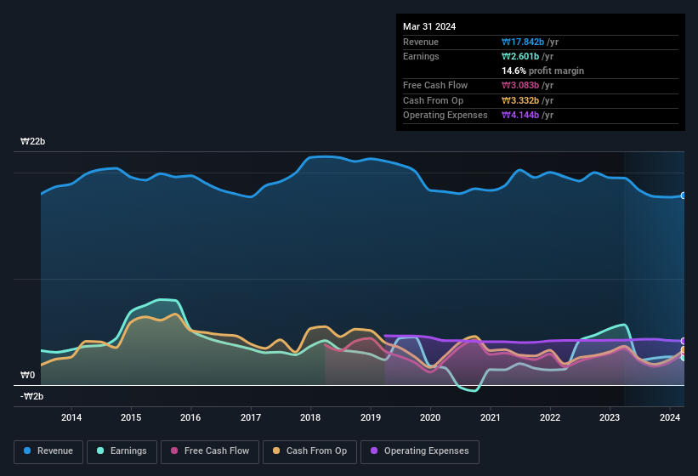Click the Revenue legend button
[49, 451]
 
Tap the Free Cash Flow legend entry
[210, 451]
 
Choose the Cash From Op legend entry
[310, 451]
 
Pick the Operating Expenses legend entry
[420, 451]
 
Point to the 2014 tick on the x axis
[71, 417]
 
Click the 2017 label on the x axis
[251, 417]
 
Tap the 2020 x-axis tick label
[430, 417]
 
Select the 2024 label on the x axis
[670, 417]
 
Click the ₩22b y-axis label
[33, 141]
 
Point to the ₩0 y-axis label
[28, 375]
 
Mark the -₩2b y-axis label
[32, 396]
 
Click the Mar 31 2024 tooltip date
[429, 26]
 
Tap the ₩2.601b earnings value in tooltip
[528, 56]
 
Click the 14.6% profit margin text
[542, 71]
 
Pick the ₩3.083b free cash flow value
[528, 85]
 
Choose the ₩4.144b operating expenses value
[528, 115]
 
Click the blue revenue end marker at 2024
[684, 195]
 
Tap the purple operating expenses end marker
[684, 341]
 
